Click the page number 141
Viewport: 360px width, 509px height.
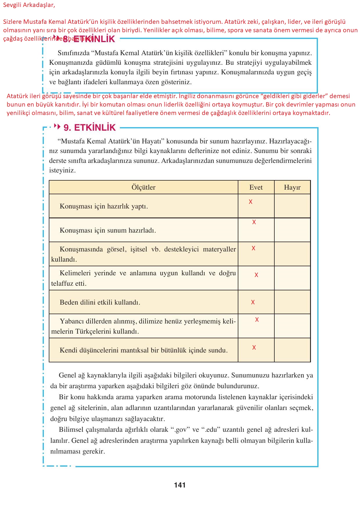[x=180, y=485]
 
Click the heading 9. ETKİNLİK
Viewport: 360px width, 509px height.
[x=89, y=127]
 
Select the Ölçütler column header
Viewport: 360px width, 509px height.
[x=143, y=187]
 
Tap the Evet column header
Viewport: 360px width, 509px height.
[x=256, y=187]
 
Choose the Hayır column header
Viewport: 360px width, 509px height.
[x=292, y=187]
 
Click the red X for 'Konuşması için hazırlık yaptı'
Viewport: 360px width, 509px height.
[x=251, y=202]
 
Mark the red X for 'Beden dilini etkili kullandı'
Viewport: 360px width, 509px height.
[x=253, y=302]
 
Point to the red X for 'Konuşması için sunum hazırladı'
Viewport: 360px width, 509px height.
[x=254, y=222]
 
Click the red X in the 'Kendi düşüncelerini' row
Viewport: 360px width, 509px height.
[x=254, y=348]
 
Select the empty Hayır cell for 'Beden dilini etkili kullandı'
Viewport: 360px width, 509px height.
[x=292, y=302]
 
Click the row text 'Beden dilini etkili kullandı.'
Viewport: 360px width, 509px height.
[x=100, y=302]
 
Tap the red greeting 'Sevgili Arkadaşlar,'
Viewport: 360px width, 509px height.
[x=29, y=5]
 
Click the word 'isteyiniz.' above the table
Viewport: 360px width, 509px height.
[x=62, y=170]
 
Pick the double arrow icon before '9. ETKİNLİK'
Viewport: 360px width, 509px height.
[x=57, y=127]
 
